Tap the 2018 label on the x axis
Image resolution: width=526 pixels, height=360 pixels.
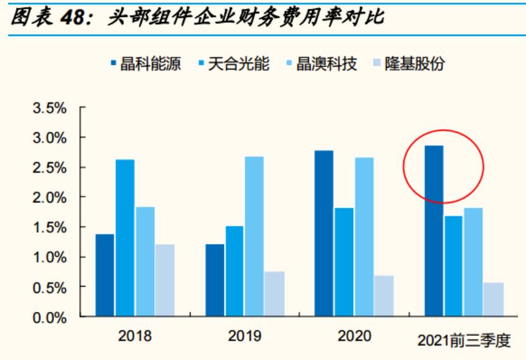point(135,335)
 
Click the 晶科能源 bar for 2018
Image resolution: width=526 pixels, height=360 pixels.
point(105,275)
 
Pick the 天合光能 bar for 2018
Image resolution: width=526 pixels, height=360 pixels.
point(125,238)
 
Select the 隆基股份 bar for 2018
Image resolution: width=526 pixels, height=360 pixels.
point(165,280)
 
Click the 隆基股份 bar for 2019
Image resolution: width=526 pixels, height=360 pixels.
point(274,294)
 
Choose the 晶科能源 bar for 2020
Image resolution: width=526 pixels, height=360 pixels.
point(323,233)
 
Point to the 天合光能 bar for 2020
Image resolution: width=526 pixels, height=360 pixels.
point(344,262)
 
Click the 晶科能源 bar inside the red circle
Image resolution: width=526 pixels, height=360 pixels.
point(434,231)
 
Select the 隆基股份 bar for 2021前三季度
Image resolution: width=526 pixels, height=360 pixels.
point(493,299)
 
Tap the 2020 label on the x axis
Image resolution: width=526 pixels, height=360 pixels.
point(354,335)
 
